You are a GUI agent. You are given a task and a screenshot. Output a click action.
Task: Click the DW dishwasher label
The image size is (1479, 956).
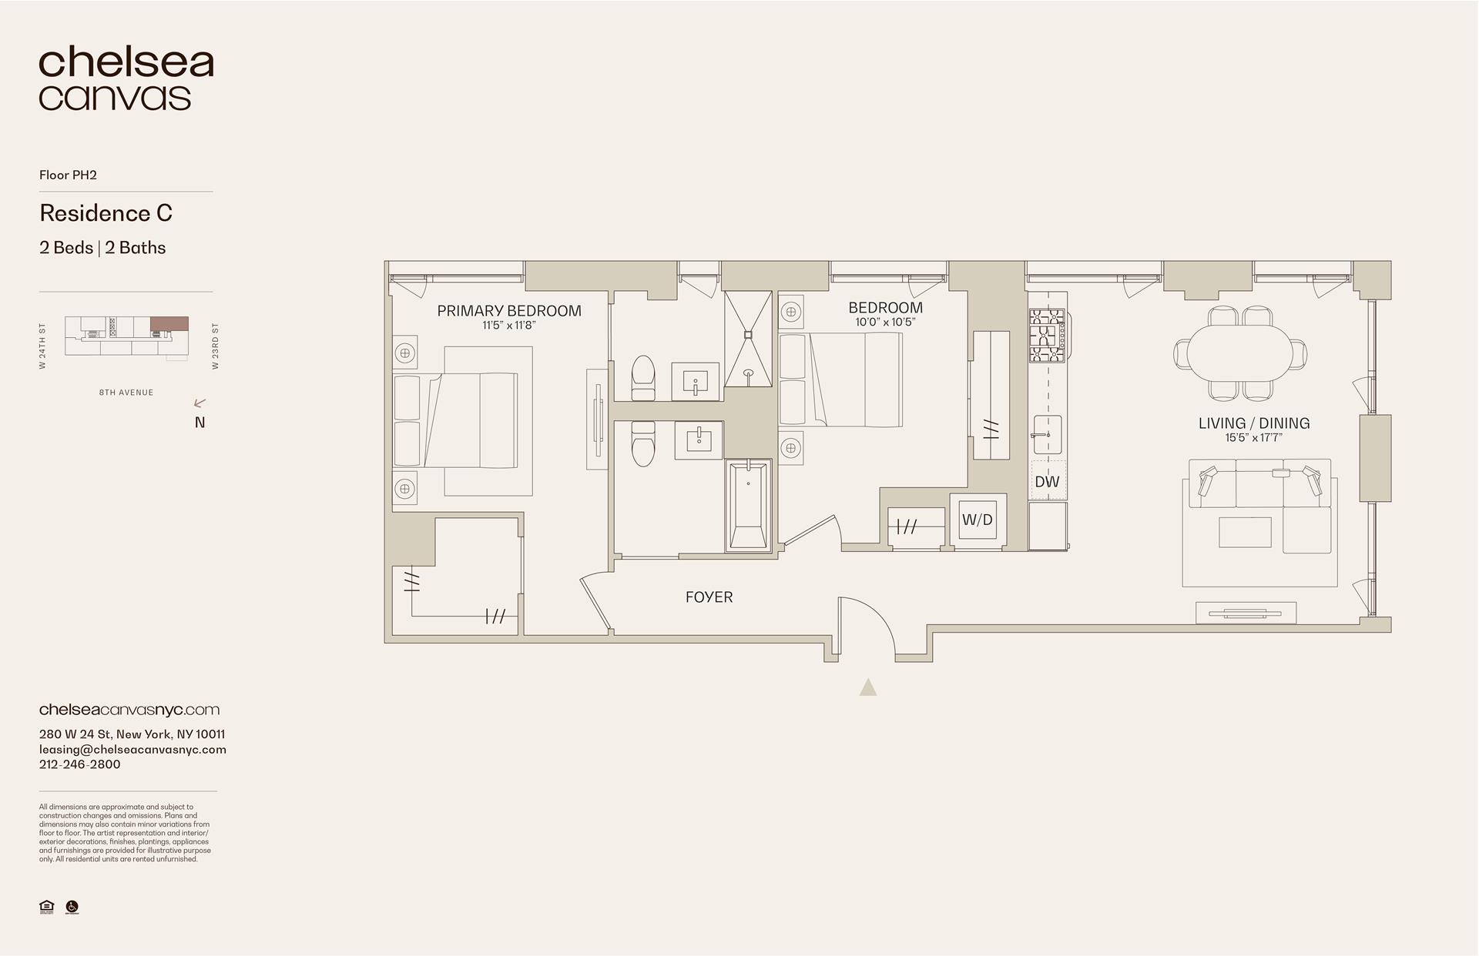click(x=1047, y=482)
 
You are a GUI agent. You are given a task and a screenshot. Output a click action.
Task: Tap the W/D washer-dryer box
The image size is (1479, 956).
click(x=978, y=520)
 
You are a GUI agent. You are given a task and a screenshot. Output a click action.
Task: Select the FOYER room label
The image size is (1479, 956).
click(x=709, y=597)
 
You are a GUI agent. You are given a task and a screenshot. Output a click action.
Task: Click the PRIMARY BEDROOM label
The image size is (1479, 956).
click(x=509, y=311)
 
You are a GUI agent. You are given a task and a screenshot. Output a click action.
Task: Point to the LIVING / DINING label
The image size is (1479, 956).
click(x=1253, y=423)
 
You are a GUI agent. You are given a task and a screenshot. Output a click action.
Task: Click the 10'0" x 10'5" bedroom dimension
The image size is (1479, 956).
click(x=885, y=323)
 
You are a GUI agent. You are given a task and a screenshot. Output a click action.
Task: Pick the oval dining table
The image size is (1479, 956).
click(x=1239, y=353)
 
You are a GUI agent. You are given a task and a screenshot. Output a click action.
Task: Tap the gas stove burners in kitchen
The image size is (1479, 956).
click(x=1047, y=336)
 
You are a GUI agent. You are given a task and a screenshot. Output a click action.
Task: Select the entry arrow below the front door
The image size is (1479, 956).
click(x=868, y=687)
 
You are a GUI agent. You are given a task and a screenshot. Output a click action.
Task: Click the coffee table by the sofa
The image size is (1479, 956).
click(x=1245, y=532)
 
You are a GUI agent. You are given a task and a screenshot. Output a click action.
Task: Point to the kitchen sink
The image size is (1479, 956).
click(x=1046, y=436)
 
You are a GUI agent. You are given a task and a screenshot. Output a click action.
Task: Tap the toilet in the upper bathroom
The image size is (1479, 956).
click(x=642, y=377)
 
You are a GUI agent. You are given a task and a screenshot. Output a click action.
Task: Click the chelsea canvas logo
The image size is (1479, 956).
click(x=126, y=79)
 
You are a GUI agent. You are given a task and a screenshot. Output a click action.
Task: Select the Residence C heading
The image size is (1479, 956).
click(x=106, y=213)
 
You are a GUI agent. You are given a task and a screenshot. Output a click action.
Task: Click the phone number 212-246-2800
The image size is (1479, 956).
click(x=79, y=764)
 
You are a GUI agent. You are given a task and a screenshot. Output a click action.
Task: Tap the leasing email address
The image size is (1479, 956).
click(x=132, y=750)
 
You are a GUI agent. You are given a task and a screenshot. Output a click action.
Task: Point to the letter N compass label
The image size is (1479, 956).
click(x=200, y=423)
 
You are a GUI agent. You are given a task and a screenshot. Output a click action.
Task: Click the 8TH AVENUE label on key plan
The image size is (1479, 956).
click(x=126, y=393)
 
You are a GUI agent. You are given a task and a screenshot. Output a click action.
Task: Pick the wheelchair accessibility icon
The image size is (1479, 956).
click(x=72, y=907)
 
